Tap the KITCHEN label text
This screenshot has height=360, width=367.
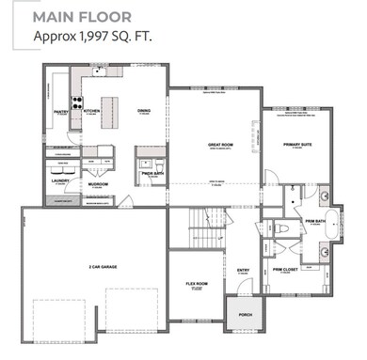click(x=92, y=110)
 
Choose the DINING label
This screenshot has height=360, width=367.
click(x=144, y=111)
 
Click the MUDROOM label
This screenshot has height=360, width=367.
click(x=98, y=184)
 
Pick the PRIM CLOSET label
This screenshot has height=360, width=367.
click(x=285, y=270)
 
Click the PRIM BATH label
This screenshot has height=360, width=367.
click(x=314, y=223)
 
